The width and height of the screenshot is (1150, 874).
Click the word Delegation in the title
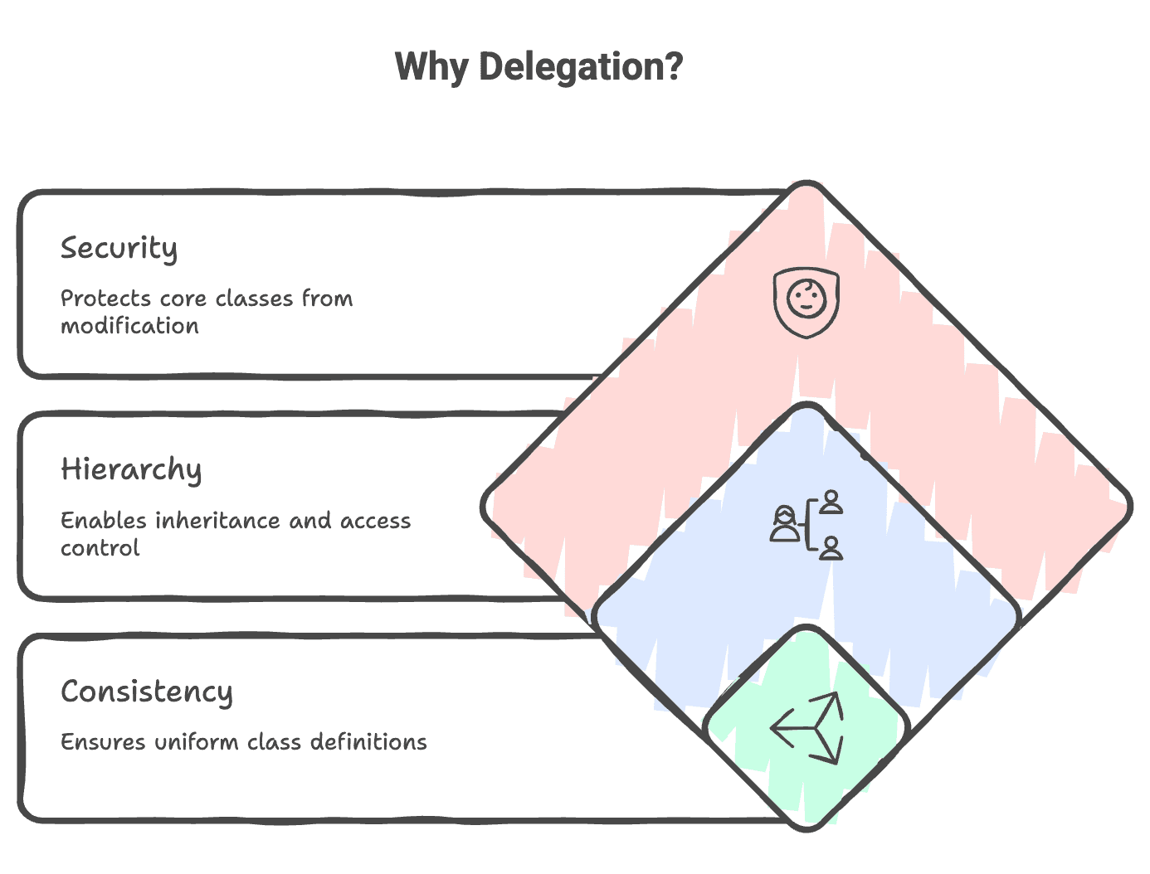coord(581,67)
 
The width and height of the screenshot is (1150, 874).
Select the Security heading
coord(119,248)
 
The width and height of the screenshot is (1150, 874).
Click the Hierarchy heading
coord(131,469)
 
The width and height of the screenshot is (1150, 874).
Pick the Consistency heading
coord(146,691)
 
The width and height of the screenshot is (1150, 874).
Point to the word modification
coord(129,326)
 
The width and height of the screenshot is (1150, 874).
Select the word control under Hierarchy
coord(100,548)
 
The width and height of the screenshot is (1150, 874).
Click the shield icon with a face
coord(806,302)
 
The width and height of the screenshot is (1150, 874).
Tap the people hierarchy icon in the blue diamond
coord(806,525)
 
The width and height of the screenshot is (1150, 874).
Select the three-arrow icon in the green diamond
coord(807,728)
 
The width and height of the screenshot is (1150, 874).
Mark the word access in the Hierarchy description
coord(375,521)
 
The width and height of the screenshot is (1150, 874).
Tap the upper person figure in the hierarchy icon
coord(831,502)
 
